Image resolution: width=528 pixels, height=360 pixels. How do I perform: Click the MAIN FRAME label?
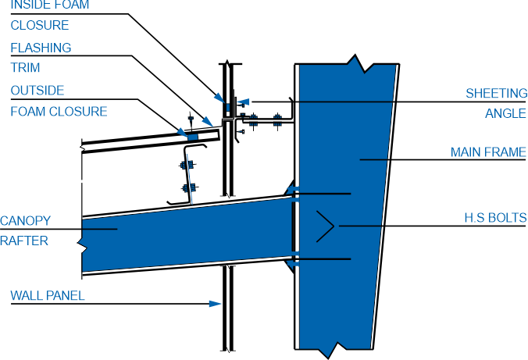pos(488,152)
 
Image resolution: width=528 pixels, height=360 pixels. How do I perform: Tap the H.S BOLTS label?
pos(495,218)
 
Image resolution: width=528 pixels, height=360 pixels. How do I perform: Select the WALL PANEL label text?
pos(48,296)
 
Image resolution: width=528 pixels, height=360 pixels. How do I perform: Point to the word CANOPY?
pos(25,221)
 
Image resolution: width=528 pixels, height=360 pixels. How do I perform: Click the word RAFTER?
pos(24,241)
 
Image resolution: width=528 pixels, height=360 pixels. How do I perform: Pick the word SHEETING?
pos(497,93)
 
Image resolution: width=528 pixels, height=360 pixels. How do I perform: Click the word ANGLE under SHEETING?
pos(505,113)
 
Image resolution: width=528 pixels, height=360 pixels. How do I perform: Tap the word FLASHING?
pos(41,48)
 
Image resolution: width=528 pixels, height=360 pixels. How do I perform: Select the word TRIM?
pos(25,68)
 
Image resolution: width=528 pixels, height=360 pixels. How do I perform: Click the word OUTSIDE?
pos(37,91)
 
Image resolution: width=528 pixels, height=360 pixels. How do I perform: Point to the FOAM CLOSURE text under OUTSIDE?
pos(59,112)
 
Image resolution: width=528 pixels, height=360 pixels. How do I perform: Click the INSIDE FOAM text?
pos(50,5)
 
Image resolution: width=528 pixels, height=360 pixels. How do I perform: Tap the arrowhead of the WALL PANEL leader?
pos(215,304)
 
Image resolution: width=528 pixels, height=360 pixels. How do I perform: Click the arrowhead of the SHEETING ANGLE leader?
pos(243,102)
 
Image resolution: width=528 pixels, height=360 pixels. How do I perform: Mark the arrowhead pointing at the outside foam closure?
pos(183,132)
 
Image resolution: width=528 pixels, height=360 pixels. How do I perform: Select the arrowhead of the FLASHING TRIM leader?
pos(208,122)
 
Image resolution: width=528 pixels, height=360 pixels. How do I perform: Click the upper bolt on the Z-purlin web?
pos(187,165)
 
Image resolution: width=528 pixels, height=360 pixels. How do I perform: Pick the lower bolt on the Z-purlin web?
pos(189,187)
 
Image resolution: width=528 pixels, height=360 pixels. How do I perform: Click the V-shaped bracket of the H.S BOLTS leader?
pos(325,226)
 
